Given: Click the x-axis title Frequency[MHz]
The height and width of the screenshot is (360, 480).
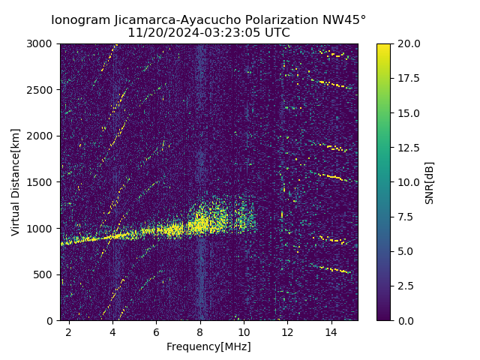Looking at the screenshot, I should click(x=208, y=346).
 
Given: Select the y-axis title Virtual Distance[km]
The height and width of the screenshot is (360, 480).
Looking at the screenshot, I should click(x=16, y=181).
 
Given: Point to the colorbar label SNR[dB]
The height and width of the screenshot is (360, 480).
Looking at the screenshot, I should click(x=429, y=182).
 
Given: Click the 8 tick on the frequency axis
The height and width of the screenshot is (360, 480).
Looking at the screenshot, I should click(x=200, y=331).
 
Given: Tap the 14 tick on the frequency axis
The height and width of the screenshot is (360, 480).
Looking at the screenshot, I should click(x=331, y=331).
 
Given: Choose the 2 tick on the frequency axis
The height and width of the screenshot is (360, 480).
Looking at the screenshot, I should click(x=69, y=331).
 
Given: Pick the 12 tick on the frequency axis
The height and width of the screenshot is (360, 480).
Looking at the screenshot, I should click(x=287, y=331).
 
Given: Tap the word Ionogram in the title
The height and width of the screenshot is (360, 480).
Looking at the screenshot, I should click(x=78, y=20).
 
